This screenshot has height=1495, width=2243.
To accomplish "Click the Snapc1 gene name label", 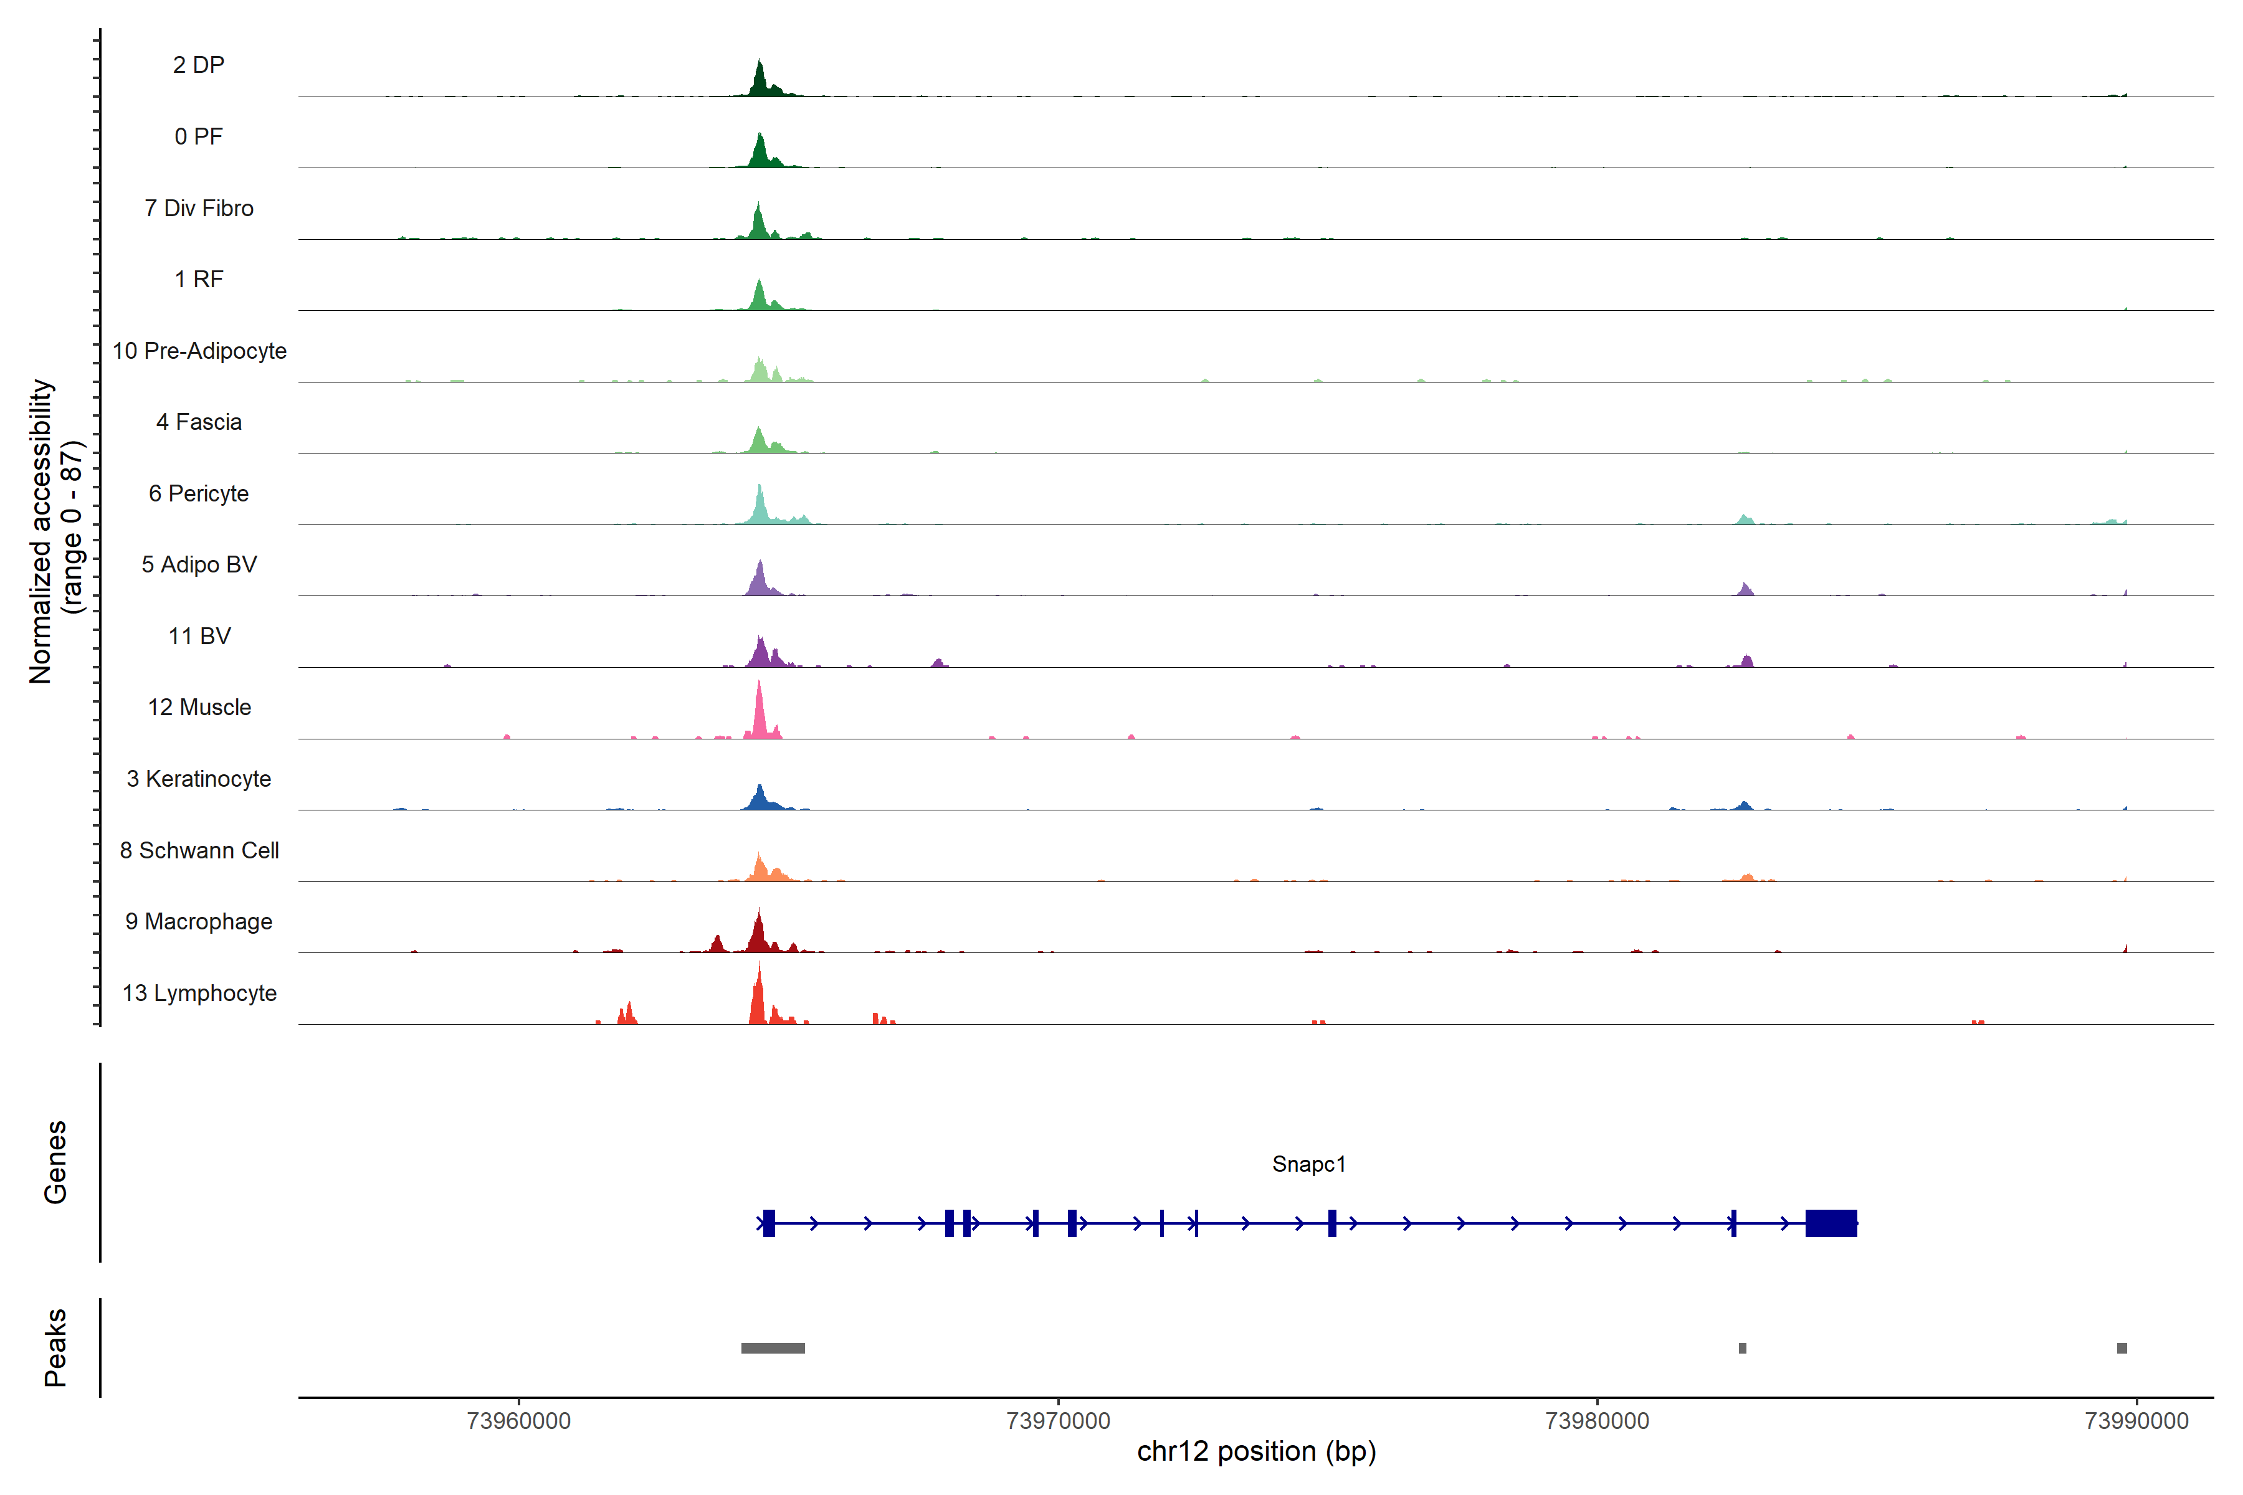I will pyautogui.click(x=1308, y=1164).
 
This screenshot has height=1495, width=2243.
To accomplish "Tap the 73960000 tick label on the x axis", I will pyautogui.click(x=519, y=1421).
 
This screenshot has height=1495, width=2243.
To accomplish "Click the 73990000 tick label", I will pyautogui.click(x=2136, y=1421).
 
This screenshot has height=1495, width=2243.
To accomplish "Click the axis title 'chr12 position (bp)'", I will pyautogui.click(x=1256, y=1451).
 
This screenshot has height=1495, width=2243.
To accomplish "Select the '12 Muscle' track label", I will pyautogui.click(x=199, y=708).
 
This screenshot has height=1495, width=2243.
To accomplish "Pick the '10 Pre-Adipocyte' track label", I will pyautogui.click(x=199, y=351).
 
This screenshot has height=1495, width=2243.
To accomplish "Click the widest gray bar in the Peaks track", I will pyautogui.click(x=773, y=1348).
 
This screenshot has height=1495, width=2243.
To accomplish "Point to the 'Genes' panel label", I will pyautogui.click(x=55, y=1162).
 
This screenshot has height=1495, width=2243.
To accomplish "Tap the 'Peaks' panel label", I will pyautogui.click(x=55, y=1347).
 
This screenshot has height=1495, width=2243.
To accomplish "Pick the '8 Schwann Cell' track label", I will pyautogui.click(x=199, y=850).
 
